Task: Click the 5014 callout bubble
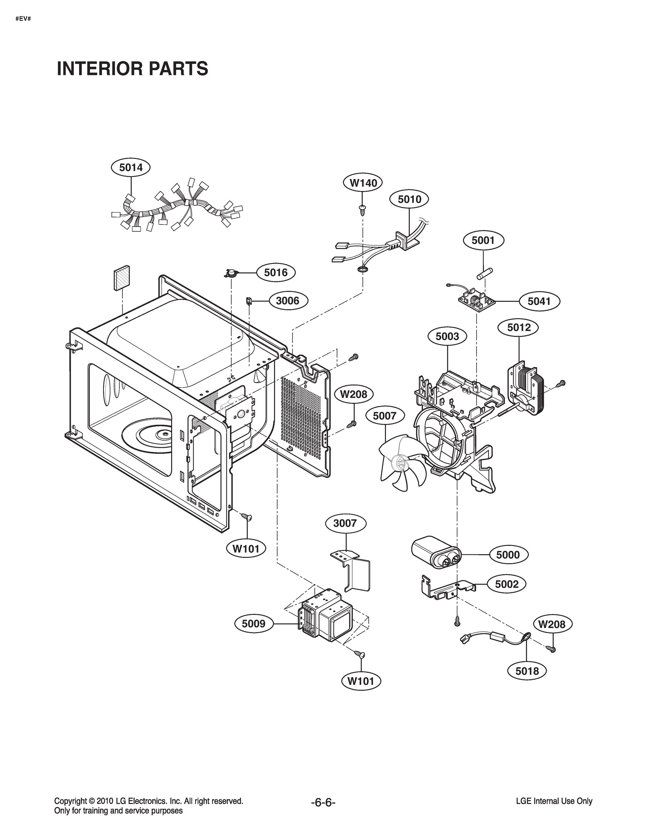pos(131,167)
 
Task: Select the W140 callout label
pos(362,183)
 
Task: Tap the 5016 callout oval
pos(276,272)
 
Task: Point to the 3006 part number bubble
pos(288,300)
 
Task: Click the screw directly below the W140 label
pos(362,209)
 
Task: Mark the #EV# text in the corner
pos(23,19)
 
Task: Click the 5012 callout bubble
pos(518,327)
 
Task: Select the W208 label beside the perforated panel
pos(353,394)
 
